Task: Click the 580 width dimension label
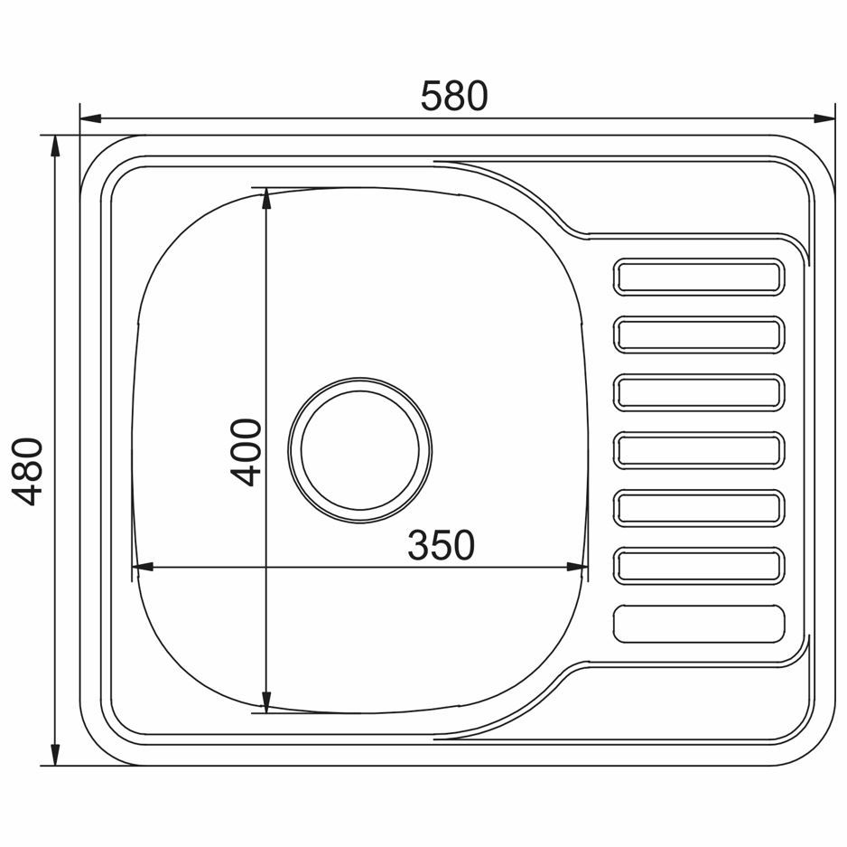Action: pyautogui.click(x=453, y=96)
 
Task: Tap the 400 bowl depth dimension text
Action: pyautogui.click(x=247, y=452)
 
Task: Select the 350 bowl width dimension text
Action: pyautogui.click(x=441, y=545)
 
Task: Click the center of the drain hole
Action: pyautogui.click(x=359, y=450)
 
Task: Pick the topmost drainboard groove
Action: pyautogui.click(x=698, y=277)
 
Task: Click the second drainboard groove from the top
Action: pyautogui.click(x=698, y=334)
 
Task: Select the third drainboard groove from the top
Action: pyautogui.click(x=698, y=392)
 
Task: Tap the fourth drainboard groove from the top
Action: pyautogui.click(x=698, y=450)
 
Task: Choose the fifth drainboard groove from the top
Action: pyautogui.click(x=698, y=508)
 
